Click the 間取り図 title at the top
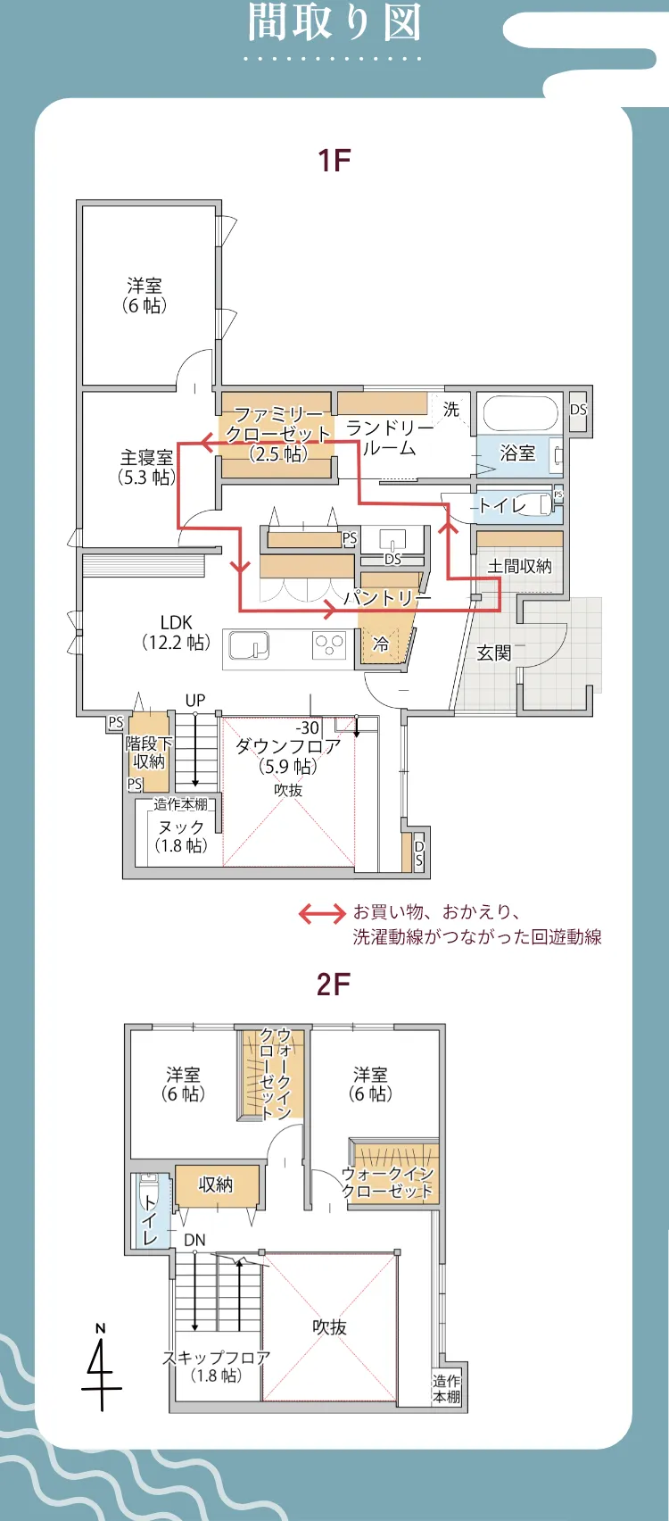coord(334,23)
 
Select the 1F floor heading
coord(334,161)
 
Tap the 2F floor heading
coord(334,985)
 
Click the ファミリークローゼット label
coord(278,434)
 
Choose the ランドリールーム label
coord(390,438)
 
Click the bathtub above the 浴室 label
coord(520,413)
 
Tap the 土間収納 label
coord(519,566)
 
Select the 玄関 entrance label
coord(493,652)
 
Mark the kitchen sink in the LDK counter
coord(250,644)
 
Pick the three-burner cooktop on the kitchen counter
coord(329,644)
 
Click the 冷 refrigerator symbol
coord(381,644)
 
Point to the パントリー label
coord(387,597)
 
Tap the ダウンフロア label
coord(287,746)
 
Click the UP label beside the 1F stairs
coord(195,701)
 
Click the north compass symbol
coord(101,1370)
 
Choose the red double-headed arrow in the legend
coord(321,913)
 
